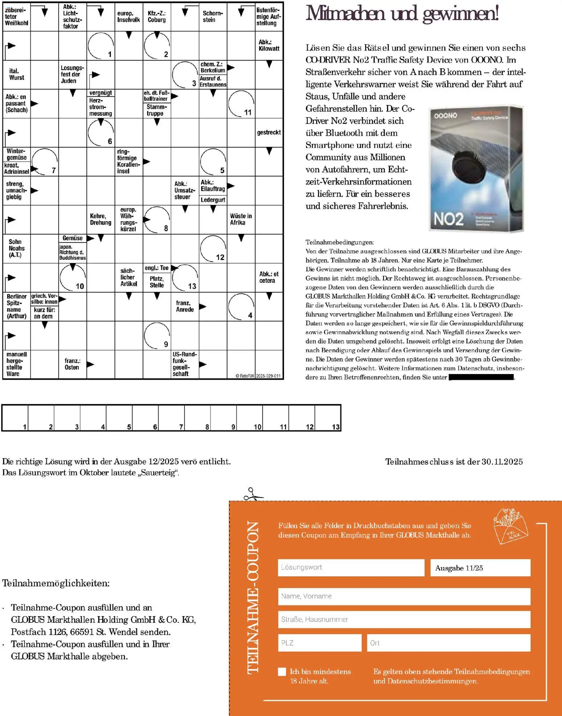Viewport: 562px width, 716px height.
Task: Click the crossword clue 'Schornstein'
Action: (212, 16)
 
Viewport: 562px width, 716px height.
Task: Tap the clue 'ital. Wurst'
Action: (16, 74)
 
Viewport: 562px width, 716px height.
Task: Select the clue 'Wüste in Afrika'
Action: (241, 219)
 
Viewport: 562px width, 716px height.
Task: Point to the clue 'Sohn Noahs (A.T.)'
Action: (16, 248)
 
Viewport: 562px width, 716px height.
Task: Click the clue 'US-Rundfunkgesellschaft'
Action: (185, 364)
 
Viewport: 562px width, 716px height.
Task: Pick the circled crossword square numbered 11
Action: (241, 103)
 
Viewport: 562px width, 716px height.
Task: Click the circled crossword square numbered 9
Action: (157, 335)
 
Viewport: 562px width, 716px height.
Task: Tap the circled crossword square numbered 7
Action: (45, 162)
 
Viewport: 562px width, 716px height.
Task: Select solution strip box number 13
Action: (328, 418)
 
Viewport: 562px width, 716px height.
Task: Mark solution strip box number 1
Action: (15, 418)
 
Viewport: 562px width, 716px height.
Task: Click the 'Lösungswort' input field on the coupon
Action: (351, 567)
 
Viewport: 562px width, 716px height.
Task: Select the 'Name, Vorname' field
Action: (404, 596)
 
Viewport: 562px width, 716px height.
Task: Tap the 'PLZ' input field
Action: (319, 643)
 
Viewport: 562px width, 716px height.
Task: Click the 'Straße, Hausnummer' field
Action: (404, 619)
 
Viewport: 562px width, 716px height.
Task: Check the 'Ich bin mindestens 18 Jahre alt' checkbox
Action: (282, 672)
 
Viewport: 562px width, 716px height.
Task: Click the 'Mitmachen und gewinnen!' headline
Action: (402, 13)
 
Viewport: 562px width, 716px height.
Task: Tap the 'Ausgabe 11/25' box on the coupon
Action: (480, 568)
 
